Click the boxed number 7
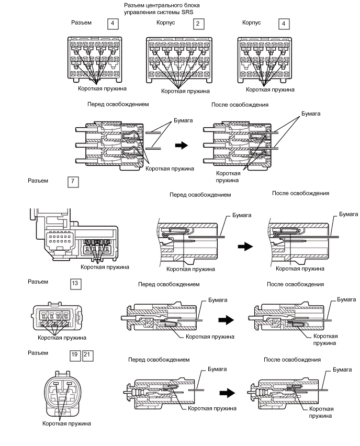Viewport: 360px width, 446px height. click(73, 182)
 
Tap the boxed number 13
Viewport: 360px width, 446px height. click(75, 283)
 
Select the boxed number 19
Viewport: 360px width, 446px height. click(75, 355)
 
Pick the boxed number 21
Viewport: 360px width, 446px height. click(87, 355)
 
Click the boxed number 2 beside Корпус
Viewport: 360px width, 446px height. click(198, 24)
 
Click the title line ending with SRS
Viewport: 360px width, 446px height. click(159, 12)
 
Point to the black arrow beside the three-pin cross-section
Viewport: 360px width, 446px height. click(182, 146)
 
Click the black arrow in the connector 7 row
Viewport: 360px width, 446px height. click(245, 247)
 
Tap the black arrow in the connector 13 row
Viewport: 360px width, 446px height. click(226, 320)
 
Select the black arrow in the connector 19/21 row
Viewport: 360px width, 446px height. click(227, 393)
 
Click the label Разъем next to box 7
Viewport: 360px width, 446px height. click(38, 181)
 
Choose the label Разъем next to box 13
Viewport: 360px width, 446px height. click(38, 282)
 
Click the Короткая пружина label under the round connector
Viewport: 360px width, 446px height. click(66, 423)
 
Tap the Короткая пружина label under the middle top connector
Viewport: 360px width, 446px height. click(185, 91)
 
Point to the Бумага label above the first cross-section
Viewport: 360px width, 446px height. click(183, 120)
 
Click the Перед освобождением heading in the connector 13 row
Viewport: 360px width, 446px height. click(169, 284)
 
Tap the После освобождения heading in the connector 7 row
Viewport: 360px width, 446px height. click(300, 193)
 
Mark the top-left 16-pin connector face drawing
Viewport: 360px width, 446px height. click(95, 60)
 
